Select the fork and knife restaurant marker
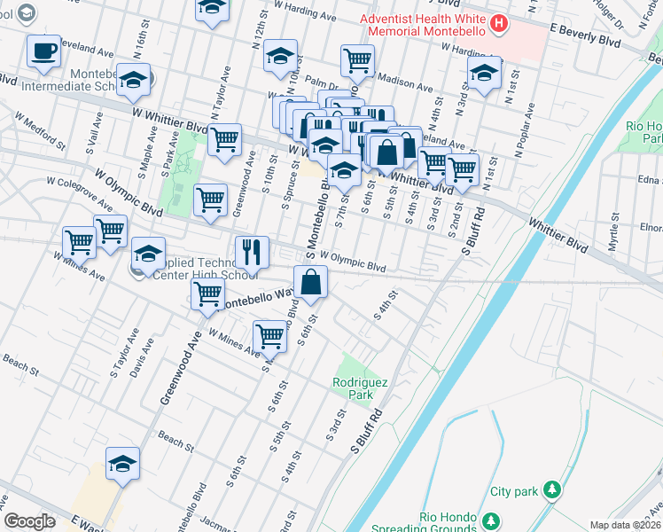click(x=253, y=253)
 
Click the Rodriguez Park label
click(x=360, y=387)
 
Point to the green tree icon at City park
click(x=552, y=489)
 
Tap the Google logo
click(x=29, y=521)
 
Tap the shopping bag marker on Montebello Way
click(x=311, y=283)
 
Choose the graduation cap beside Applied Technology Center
click(x=148, y=254)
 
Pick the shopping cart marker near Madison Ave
click(x=357, y=60)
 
